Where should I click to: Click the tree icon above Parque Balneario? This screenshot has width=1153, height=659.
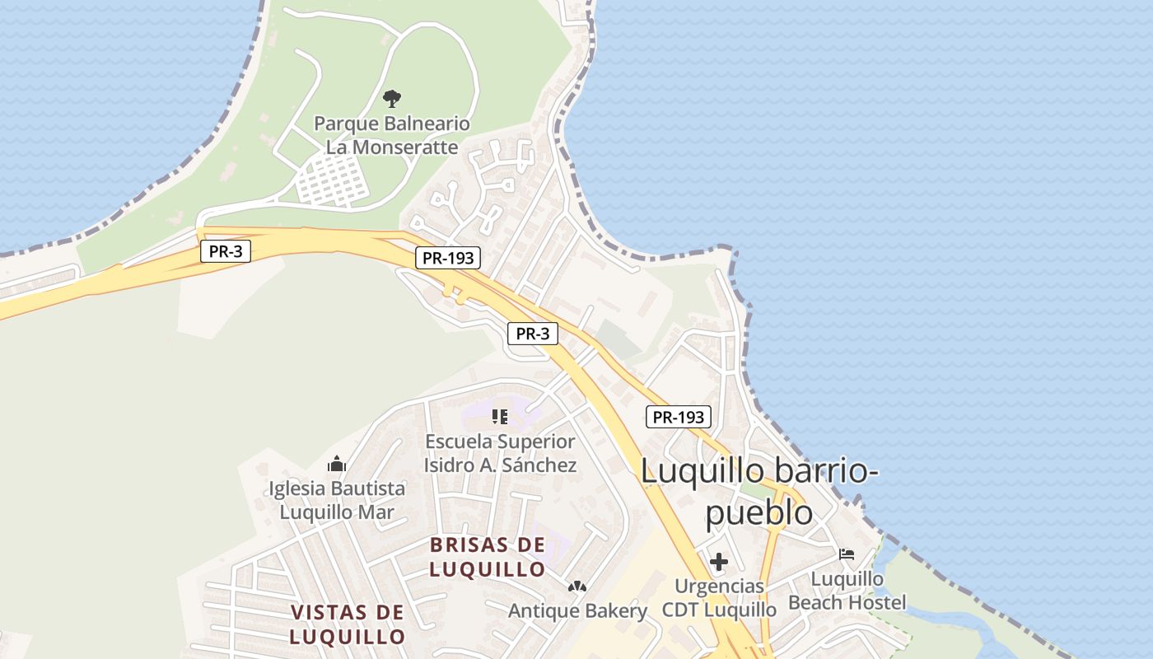click(392, 99)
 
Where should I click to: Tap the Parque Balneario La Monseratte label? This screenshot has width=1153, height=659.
click(392, 136)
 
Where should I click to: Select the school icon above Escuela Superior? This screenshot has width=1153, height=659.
click(500, 417)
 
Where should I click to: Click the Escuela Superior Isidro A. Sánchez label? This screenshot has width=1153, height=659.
click(500, 453)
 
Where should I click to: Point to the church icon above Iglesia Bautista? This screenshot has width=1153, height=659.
click(337, 465)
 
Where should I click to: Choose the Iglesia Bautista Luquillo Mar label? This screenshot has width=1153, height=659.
click(337, 500)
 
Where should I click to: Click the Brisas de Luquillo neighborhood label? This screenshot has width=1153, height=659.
click(488, 557)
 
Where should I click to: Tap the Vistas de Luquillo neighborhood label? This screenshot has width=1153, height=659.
click(348, 624)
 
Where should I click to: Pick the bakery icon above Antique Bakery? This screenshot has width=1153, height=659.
click(577, 587)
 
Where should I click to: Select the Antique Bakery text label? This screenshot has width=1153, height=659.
click(577, 611)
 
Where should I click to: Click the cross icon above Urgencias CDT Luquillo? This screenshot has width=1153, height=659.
click(719, 563)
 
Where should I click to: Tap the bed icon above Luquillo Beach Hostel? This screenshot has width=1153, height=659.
click(847, 554)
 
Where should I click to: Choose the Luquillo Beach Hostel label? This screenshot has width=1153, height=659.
click(847, 591)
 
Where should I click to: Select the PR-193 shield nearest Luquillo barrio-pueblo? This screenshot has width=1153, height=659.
click(678, 417)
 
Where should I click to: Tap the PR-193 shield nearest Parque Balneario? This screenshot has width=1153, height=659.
click(447, 258)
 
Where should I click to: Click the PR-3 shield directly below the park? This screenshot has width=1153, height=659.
click(225, 251)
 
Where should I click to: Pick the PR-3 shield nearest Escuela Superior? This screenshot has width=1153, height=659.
click(532, 334)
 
